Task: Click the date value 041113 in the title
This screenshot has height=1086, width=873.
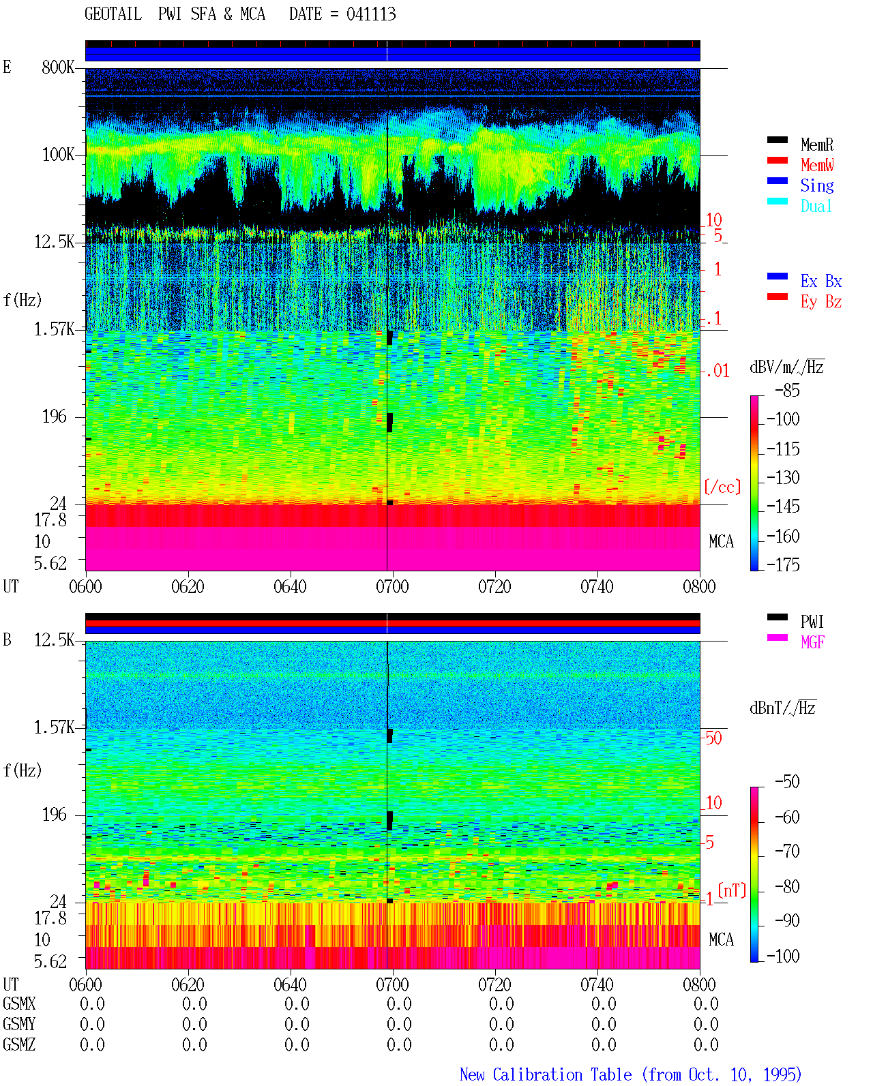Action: click(371, 14)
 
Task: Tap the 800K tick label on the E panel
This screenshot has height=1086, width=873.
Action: click(58, 67)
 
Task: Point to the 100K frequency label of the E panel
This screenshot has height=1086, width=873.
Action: click(58, 155)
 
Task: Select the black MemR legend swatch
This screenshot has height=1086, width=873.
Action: click(777, 140)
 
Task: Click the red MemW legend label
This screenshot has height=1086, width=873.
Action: click(817, 165)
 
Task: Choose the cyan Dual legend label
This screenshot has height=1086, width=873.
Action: click(816, 206)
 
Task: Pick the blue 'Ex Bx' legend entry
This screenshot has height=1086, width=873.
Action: click(820, 281)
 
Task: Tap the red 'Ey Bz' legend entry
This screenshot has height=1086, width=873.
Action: click(820, 302)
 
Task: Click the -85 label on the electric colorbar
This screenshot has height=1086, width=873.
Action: click(787, 390)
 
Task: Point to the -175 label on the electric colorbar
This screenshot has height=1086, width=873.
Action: click(783, 564)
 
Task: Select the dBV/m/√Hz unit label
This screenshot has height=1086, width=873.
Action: click(786, 367)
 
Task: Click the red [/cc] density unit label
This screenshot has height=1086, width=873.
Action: click(722, 487)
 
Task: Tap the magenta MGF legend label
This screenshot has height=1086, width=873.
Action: click(812, 642)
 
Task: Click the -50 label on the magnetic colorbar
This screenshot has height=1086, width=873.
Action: click(787, 782)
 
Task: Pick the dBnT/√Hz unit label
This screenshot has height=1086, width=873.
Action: click(783, 708)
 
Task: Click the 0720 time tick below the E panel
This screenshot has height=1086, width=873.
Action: click(494, 586)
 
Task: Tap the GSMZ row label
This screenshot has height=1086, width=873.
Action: click(19, 1044)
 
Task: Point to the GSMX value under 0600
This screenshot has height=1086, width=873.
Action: click(92, 1004)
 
